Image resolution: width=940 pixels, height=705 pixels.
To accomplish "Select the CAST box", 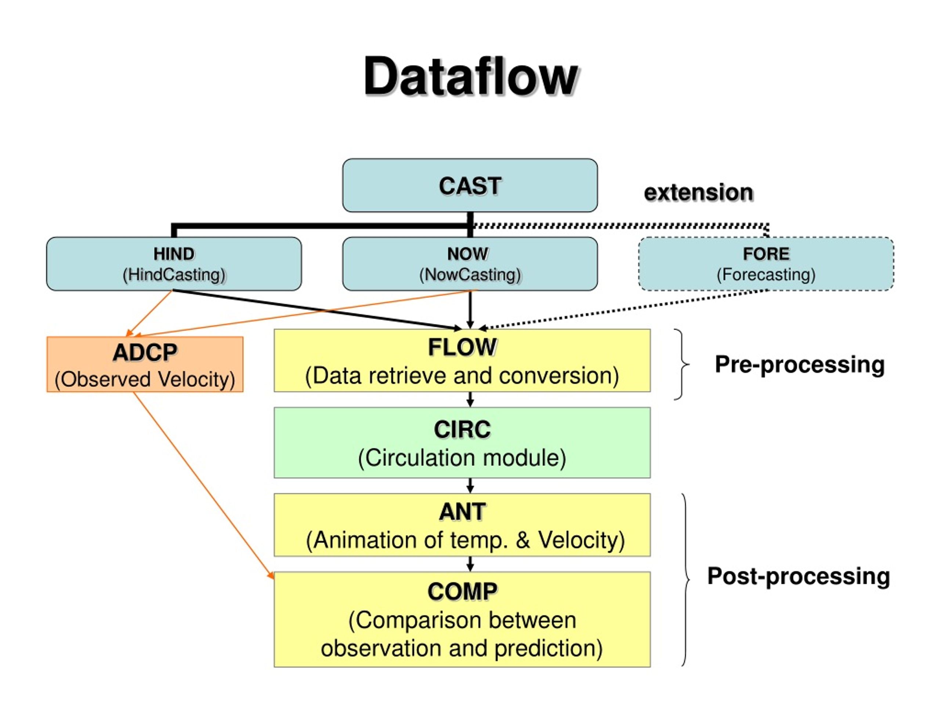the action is pos(470,185).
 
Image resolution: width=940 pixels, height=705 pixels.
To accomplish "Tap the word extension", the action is pos(699,192).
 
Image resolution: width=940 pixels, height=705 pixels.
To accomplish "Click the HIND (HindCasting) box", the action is pos(174,264).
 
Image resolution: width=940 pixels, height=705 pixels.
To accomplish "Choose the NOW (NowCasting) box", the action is pos(470,264).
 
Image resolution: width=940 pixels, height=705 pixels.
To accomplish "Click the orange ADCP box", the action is pos(145,365).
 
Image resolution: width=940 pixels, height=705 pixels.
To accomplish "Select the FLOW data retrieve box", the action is pos(462,360).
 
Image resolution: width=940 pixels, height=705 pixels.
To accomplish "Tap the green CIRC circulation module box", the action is pos(462,443).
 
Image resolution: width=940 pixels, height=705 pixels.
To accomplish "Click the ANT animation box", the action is pos(462,525).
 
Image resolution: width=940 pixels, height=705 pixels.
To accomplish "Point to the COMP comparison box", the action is pos(462,619).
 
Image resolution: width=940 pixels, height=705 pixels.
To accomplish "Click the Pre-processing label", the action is pos(799,365).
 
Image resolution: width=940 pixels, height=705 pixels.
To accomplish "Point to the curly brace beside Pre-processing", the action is pos(682,364).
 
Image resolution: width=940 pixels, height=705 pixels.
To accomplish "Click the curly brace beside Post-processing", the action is pos(686,580).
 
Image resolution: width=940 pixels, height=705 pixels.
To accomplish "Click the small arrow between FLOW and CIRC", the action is pos(470,399).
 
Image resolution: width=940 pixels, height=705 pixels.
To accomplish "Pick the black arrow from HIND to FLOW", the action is pos(318,310).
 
